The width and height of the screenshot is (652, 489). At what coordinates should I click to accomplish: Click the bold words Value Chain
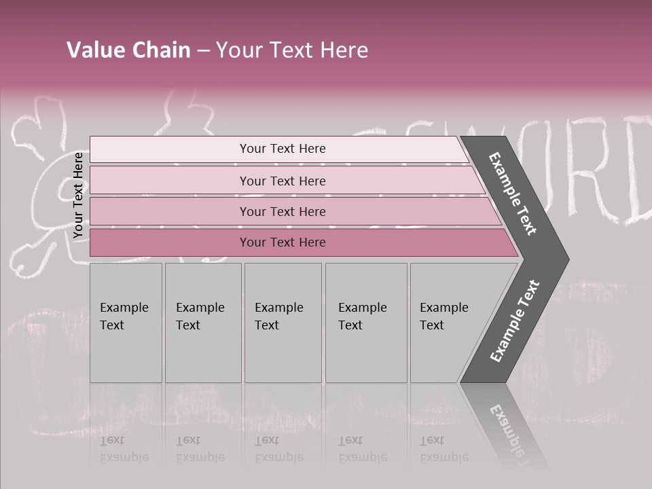coord(128,50)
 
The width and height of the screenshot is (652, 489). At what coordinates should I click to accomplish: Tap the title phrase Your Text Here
coord(292,50)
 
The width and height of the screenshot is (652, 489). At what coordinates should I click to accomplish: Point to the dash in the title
coord(203,51)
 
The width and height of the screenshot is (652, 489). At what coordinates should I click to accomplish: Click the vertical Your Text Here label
coord(78,195)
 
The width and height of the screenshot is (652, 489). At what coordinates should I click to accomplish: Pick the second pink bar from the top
coord(282,181)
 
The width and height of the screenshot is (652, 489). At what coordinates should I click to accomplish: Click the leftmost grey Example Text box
coord(126,323)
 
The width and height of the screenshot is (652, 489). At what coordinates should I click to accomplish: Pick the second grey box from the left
coord(203,323)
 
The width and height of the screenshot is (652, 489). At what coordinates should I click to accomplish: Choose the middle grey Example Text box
coord(283,323)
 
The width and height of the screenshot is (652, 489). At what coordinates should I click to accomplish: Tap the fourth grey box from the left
coord(366,323)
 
